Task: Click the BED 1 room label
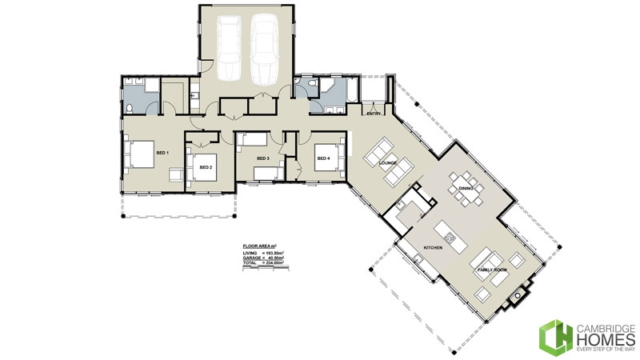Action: click(162, 152)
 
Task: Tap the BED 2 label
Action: click(206, 167)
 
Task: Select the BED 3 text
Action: click(263, 158)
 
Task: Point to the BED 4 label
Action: click(323, 158)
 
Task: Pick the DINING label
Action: click(467, 188)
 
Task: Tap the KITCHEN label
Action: click(433, 249)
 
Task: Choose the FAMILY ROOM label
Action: click(493, 270)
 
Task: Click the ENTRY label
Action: click(374, 114)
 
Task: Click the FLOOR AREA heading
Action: click(260, 246)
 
